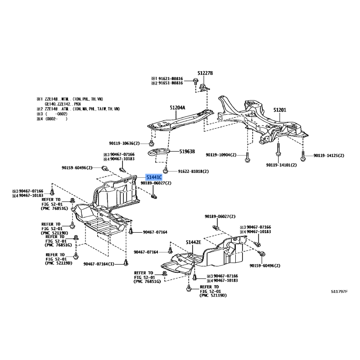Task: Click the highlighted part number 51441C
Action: [x=154, y=177]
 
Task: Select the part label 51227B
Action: [x=205, y=73]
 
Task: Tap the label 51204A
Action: [x=177, y=108]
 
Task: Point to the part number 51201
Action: [x=279, y=110]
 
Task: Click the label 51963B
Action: [x=187, y=151]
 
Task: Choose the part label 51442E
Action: [x=193, y=242]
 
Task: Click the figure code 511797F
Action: [x=339, y=291]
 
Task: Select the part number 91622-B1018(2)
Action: [x=193, y=171]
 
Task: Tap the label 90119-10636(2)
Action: [x=124, y=143]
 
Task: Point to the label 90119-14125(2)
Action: [x=329, y=155]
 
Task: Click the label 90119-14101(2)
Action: [x=281, y=165]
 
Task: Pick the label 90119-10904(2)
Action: [x=221, y=155]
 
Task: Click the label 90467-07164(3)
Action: [x=99, y=264]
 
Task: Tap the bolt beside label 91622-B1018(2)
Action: [x=166, y=171]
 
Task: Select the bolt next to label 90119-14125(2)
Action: [x=303, y=156]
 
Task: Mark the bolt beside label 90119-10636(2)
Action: [x=151, y=143]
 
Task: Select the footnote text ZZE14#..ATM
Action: [x=59, y=109]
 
